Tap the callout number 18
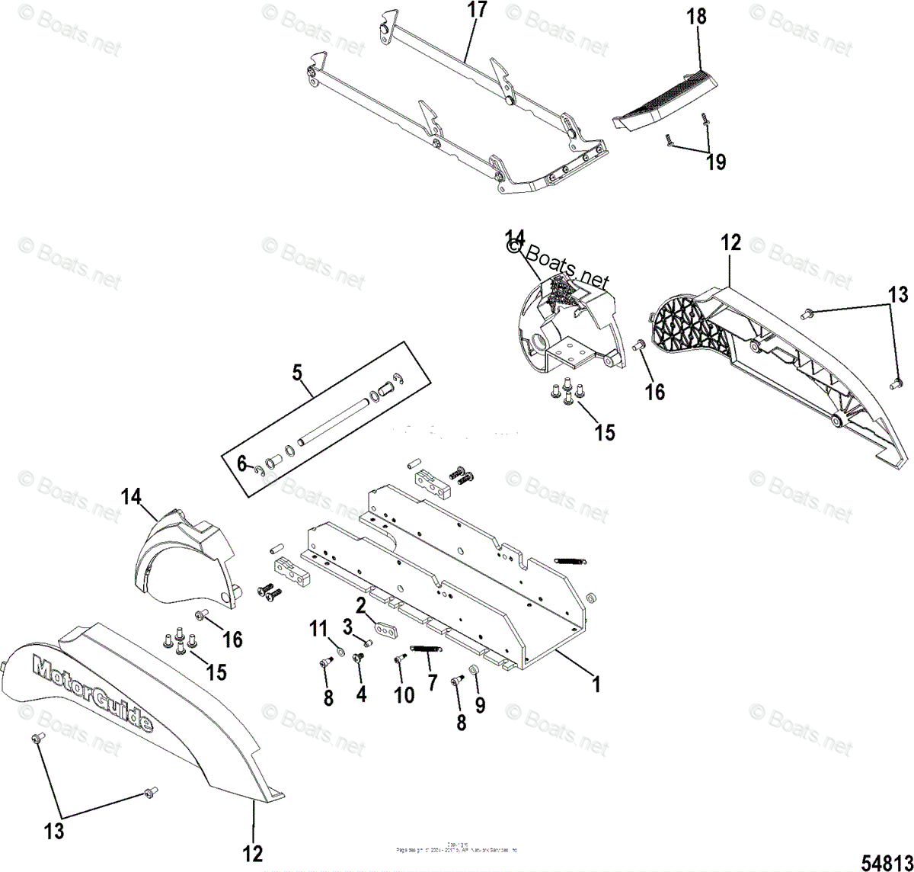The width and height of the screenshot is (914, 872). coord(696,17)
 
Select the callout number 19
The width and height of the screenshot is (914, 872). coord(716,162)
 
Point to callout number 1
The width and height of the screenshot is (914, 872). coord(597,684)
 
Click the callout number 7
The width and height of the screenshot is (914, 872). coord(432,681)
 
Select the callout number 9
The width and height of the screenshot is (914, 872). coord(480,705)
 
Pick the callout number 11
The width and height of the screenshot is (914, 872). coord(318,629)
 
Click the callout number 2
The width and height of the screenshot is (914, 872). coord(361,606)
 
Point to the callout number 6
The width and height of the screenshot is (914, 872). coord(242,463)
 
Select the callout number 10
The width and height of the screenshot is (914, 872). coord(404,694)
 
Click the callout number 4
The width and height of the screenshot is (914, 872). coord(361,694)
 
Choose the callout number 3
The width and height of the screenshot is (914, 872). coord(347,627)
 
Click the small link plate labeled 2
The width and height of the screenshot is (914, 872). coord(387,631)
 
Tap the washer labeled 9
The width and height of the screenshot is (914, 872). coord(472,669)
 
